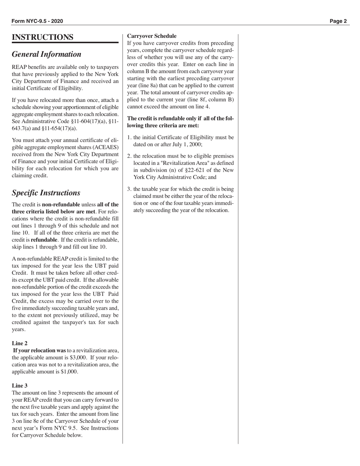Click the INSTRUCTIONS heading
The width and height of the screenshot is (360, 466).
pos(42,37)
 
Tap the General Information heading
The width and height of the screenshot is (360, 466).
pos(47,54)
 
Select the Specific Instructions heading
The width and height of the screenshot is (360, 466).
pos(46,193)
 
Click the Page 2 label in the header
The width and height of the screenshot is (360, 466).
pos(338,21)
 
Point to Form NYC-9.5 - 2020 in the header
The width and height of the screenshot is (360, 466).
pos(37,21)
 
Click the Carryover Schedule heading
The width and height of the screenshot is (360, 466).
pos(152,36)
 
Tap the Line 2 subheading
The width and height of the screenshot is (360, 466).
pos(19,343)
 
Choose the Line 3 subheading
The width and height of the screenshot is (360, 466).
pos(19,386)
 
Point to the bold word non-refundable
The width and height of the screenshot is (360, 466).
pos(61,205)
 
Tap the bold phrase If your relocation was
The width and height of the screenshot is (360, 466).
pos(39,350)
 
